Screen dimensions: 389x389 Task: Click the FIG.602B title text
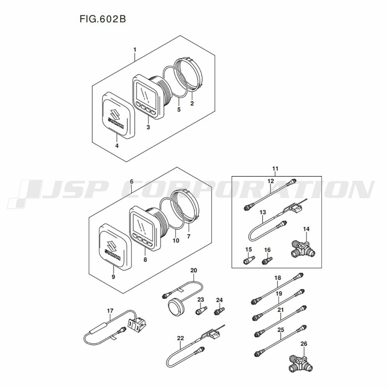tap(103, 19)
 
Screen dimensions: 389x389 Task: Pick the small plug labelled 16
tap(266, 260)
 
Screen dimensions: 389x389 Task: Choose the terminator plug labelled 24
tap(219, 311)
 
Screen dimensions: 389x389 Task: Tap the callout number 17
tap(110, 310)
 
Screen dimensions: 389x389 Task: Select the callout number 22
tap(180, 338)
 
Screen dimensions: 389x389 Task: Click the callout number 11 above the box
tap(275, 169)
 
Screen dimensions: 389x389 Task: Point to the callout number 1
tap(135, 49)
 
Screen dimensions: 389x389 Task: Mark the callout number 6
tap(131, 182)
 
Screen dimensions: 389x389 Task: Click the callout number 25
tap(280, 330)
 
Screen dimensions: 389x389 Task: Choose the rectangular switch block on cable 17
tap(137, 323)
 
